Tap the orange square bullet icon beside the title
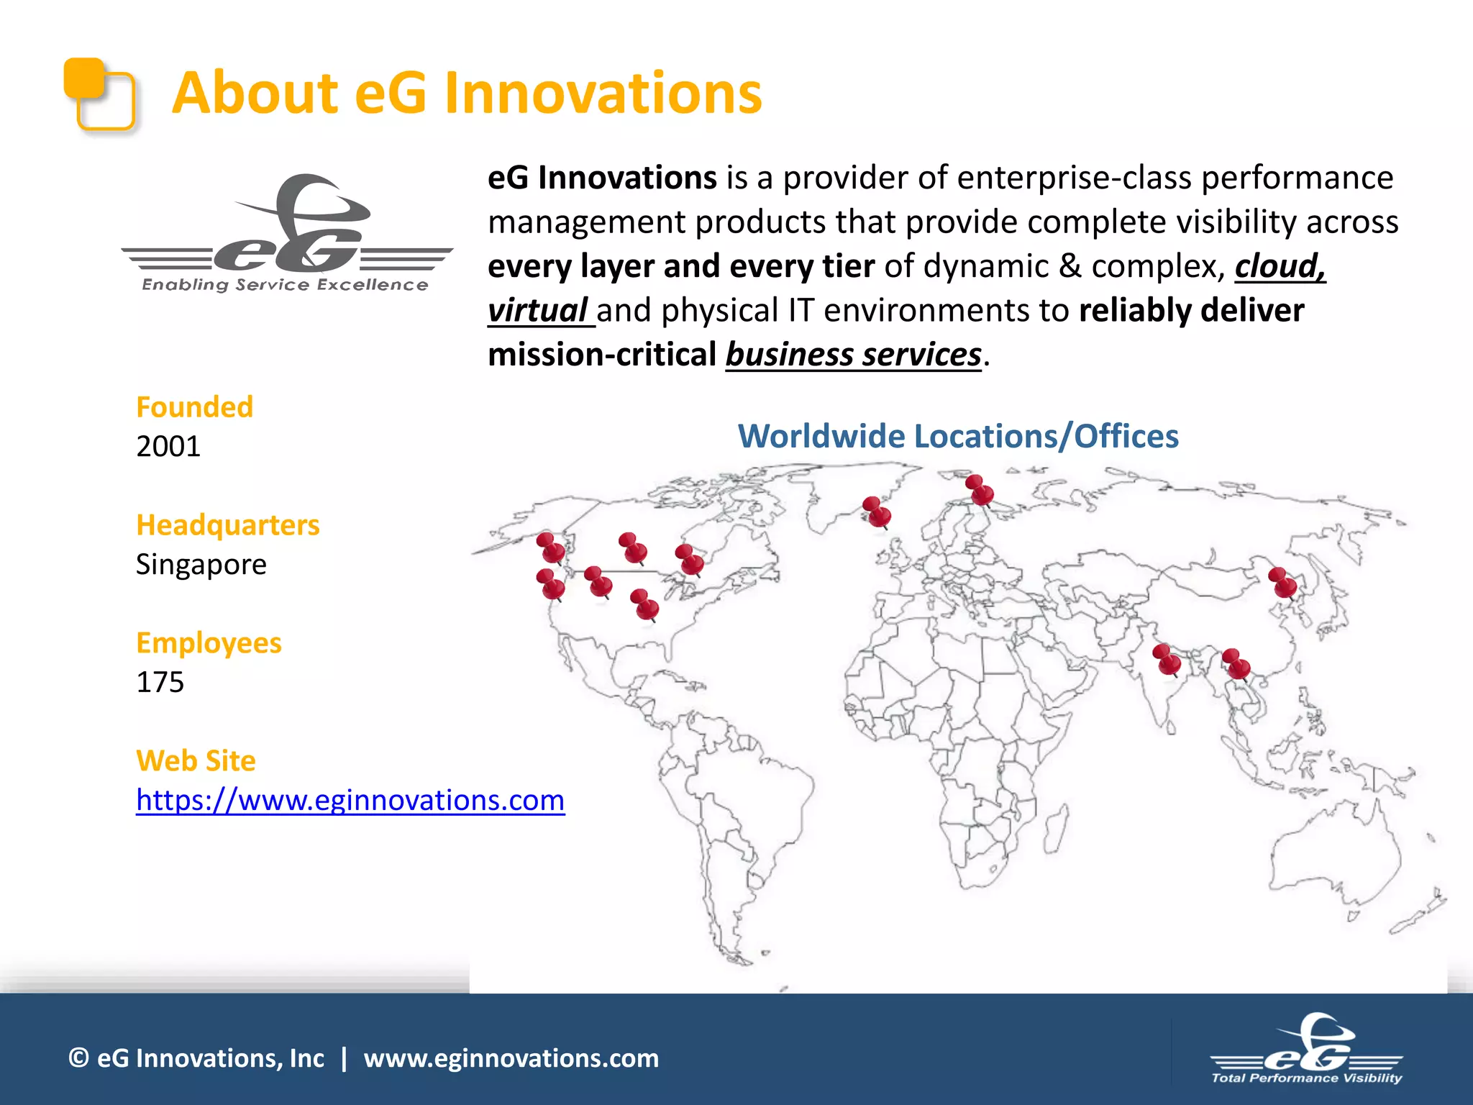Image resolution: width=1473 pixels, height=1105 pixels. coord(99,94)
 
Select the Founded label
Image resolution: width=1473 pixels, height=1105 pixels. coord(194,407)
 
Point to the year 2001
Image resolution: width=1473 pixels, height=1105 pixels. coord(168,446)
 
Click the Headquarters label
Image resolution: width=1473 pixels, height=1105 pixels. coord(227,525)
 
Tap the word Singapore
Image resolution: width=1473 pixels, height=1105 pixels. coord(201,564)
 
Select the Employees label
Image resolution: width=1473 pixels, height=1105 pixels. coord(209,643)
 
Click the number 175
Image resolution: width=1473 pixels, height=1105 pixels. coord(160,682)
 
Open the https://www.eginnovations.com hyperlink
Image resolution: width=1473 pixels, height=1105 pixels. coord(350,800)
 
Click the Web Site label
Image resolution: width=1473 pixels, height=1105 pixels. coord(196,761)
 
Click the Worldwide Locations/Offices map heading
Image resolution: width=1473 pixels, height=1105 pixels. coord(958,437)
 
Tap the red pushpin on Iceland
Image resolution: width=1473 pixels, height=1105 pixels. coord(876,511)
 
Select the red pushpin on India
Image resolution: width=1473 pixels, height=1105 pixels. coord(1166,659)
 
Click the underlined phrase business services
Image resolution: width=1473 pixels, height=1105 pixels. coord(853,355)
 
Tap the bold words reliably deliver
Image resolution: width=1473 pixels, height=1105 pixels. coord(1191,311)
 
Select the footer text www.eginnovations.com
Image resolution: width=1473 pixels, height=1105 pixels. coord(511,1058)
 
